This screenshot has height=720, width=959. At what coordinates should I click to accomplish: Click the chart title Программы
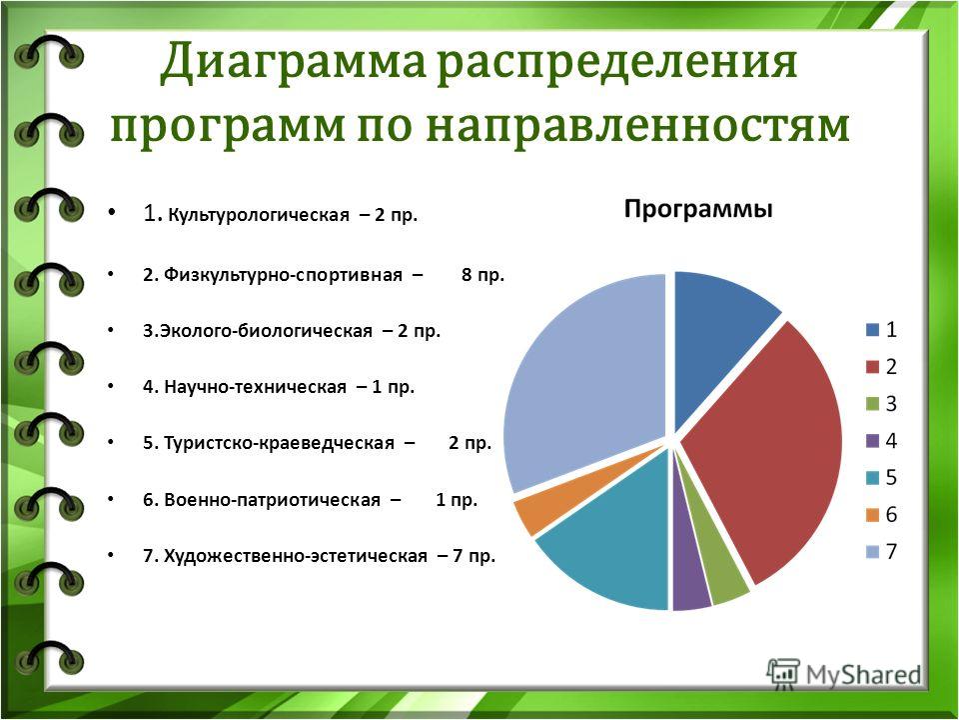pos(698,210)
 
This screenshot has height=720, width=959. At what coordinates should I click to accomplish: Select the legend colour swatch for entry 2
pos(872,367)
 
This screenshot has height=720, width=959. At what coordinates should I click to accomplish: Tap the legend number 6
pos(891,514)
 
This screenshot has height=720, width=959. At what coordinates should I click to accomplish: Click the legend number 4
pos(891,441)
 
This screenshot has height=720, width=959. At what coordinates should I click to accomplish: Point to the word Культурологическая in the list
pos(259,216)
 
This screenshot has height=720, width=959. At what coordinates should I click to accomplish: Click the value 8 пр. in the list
pos(483,275)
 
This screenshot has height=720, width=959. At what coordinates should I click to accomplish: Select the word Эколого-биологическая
pos(266,331)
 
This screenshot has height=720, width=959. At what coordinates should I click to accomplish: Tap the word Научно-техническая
pos(255,387)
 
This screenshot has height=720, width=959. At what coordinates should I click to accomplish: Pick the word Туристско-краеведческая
pos(279,443)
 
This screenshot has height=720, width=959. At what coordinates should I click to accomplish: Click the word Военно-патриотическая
pos(272,500)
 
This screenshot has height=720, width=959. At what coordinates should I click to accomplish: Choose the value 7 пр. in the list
pos(474,556)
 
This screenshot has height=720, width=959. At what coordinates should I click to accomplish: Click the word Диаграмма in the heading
pos(293,63)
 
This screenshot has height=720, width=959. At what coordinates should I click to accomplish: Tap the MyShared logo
pos(843,675)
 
